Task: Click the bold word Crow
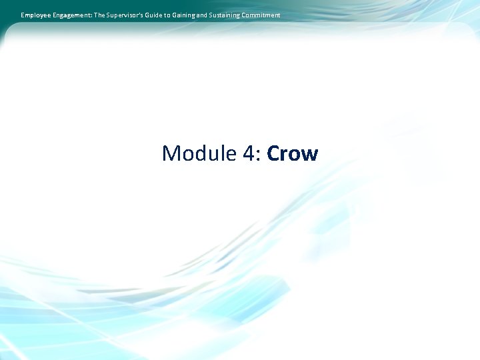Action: (x=292, y=154)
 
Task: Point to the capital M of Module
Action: (x=171, y=154)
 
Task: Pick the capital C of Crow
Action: (x=273, y=154)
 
